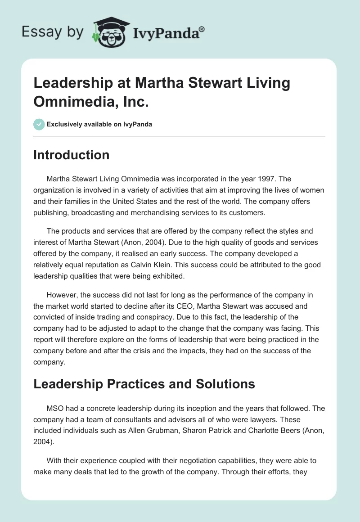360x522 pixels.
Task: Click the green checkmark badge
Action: (x=39, y=124)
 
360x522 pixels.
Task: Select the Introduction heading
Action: (x=71, y=155)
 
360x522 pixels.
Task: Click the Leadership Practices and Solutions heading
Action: (x=144, y=384)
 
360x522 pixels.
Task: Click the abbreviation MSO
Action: (x=56, y=409)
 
